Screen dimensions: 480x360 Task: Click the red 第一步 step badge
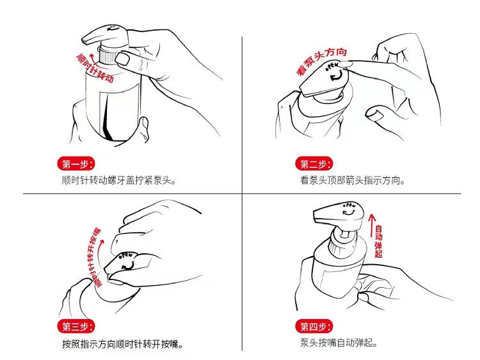pos(76,164)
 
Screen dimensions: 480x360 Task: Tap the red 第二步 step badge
pos(314,164)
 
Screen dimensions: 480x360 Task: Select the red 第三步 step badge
pos(76,327)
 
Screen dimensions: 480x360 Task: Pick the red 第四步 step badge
pos(314,327)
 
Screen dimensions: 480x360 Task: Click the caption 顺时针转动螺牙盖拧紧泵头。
pos(119,180)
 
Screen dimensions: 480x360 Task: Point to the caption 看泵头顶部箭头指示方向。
pos(353,180)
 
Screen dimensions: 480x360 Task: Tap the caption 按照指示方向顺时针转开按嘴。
pos(123,345)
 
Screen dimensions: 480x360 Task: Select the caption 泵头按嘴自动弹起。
pos(339,343)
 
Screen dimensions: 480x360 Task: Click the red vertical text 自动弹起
pos(379,241)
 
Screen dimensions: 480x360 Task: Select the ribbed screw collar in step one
pos(106,56)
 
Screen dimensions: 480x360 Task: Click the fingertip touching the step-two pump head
pos(346,64)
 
